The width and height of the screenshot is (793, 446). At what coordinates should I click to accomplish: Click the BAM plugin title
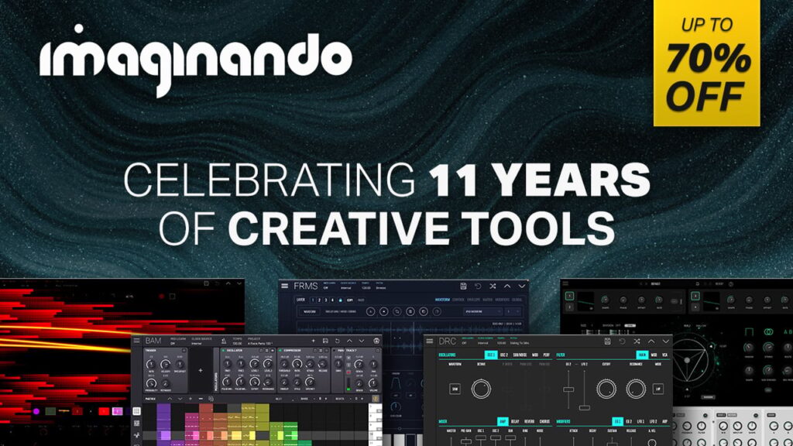[153, 341]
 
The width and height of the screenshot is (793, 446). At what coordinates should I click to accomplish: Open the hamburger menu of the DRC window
[429, 341]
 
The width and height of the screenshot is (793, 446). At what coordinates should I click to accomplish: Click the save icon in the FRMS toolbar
[462, 286]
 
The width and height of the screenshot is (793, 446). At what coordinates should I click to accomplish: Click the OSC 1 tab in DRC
[490, 355]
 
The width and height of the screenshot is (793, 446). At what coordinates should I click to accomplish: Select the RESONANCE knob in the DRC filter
[636, 388]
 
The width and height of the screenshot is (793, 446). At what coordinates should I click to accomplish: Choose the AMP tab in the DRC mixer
[502, 421]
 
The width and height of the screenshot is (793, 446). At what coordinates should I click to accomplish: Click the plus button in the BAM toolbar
[312, 341]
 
